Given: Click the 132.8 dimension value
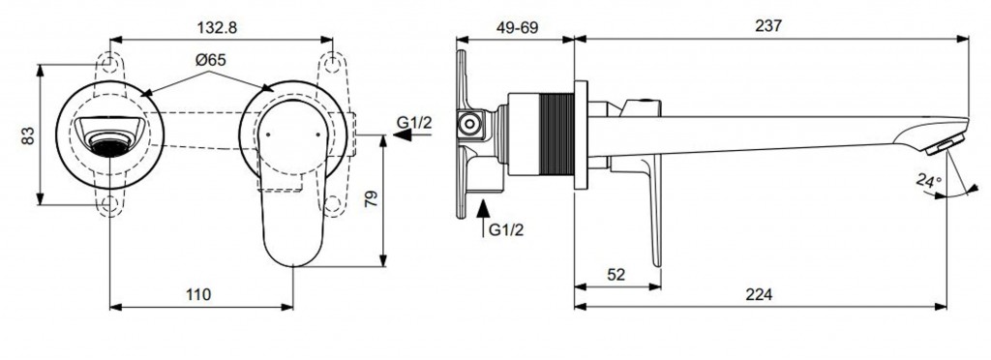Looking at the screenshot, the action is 218,27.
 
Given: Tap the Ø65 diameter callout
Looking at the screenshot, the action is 210,60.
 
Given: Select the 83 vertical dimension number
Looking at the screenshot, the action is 28,135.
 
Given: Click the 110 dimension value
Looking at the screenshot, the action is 198,294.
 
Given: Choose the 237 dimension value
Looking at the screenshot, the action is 768,26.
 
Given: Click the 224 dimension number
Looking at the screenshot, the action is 759,294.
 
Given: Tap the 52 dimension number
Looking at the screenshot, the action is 616,274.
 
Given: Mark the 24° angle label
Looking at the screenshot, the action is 929,182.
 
